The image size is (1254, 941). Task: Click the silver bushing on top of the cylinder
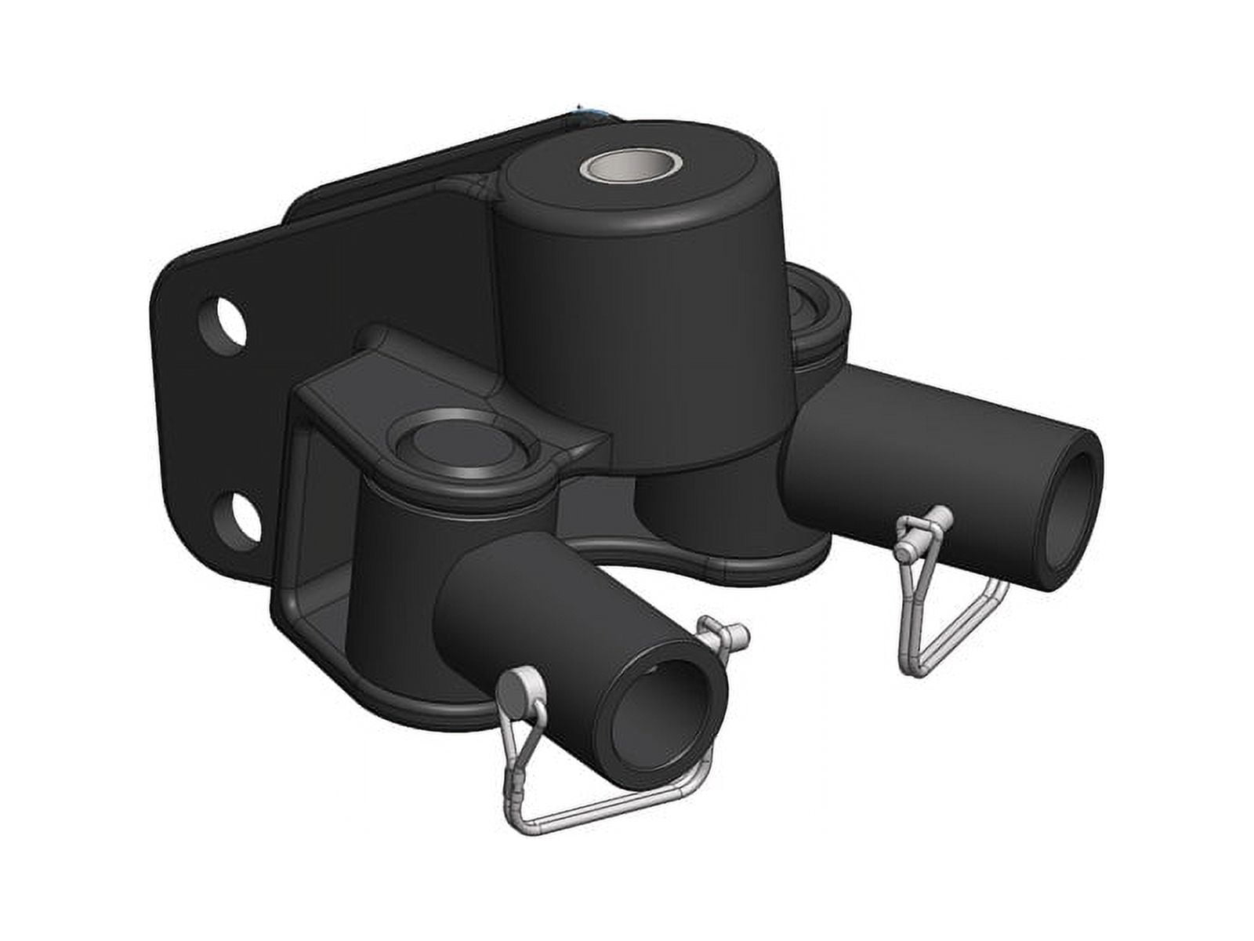[631, 167]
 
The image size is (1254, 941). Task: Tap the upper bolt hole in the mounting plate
[223, 325]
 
